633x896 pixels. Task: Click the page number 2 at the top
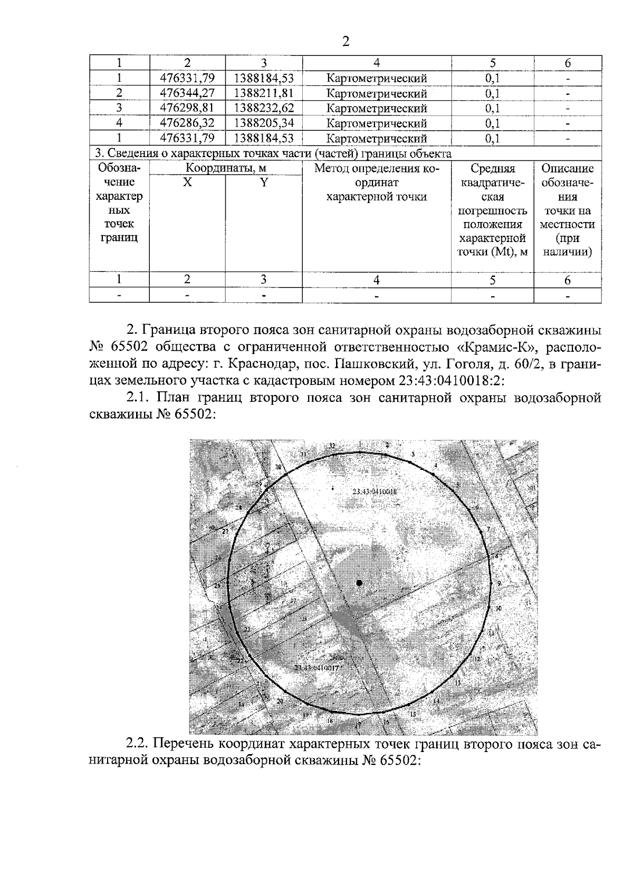346,42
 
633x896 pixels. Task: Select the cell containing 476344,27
187,93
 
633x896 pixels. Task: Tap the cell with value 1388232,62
263,108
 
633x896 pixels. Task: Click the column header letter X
187,182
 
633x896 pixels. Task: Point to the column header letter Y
263,182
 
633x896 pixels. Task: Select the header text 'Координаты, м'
225,168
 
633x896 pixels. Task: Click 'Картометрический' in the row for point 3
376,108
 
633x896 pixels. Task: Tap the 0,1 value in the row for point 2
492,93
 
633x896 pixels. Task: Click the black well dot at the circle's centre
359,583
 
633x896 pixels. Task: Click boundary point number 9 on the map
498,583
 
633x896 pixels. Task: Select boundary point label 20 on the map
280,701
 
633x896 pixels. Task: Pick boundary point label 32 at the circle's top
332,446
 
